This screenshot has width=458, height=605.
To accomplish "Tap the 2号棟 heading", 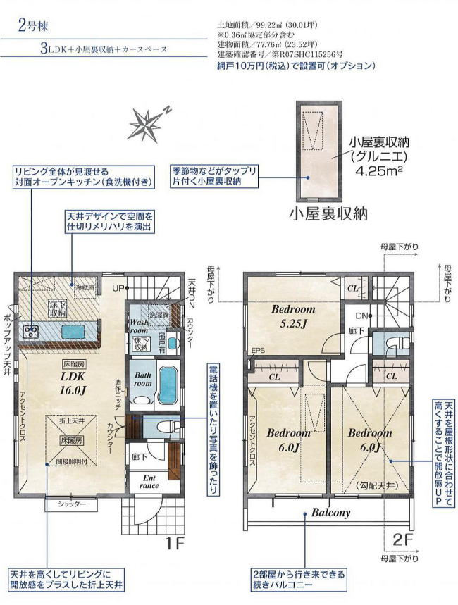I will click(x=33, y=27).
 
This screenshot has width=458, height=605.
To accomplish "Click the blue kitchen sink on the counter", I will click(x=71, y=332).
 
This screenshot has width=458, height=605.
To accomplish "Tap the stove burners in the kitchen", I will click(x=30, y=332).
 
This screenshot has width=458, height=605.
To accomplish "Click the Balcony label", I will click(x=331, y=513).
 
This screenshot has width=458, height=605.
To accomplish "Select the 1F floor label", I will click(x=175, y=544).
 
